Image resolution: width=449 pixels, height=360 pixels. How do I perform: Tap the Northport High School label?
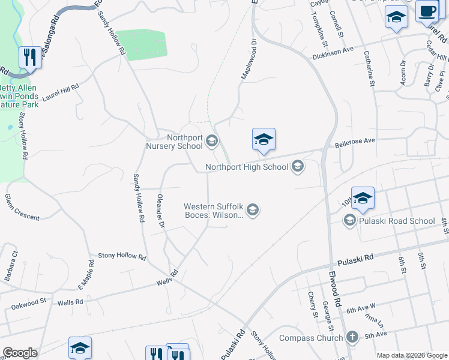pyautogui.click(x=247, y=167)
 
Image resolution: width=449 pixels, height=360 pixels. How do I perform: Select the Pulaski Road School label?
pyautogui.click(x=397, y=221)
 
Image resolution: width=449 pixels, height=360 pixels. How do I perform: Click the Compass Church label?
pyautogui.click(x=314, y=337)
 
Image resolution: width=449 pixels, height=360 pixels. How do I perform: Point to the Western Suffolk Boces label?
pyautogui.click(x=214, y=211)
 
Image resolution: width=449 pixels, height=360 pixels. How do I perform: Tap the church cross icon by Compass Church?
pyautogui.click(x=352, y=337)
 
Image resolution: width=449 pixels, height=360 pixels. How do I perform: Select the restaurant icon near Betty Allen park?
pyautogui.click(x=29, y=58)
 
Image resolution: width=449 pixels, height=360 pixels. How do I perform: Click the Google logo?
pyautogui.click(x=20, y=353)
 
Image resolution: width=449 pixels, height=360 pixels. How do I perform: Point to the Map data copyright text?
pyautogui.click(x=411, y=355)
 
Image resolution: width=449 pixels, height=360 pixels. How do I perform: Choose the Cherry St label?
pyautogui.click(x=312, y=305)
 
